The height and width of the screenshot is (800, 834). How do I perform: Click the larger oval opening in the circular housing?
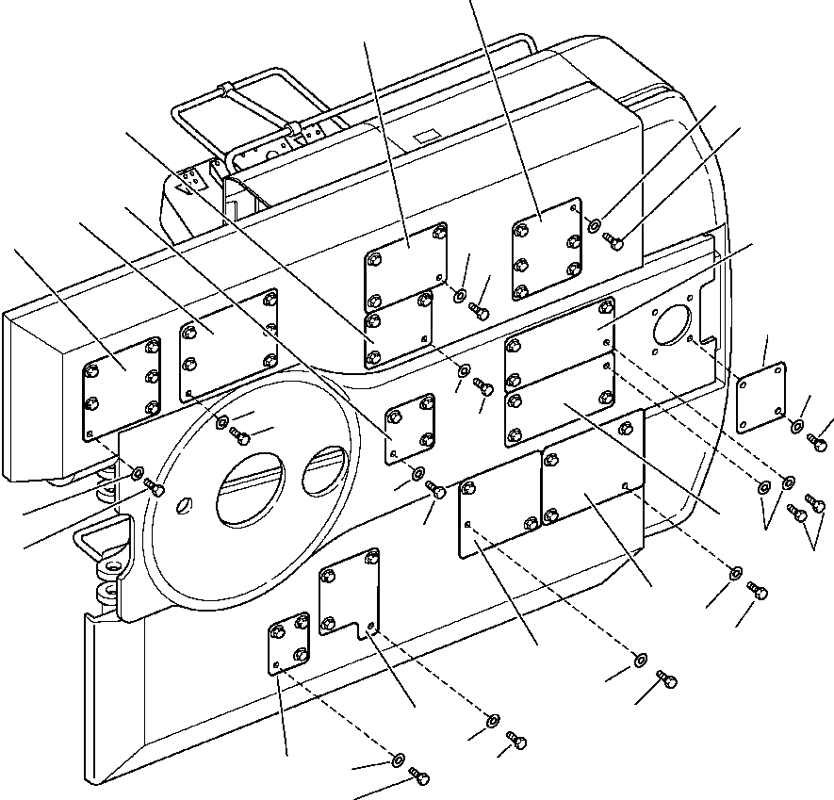(x=250, y=486)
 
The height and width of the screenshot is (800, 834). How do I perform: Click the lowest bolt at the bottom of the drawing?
(x=420, y=776)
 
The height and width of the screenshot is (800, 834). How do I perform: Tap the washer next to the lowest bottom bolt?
(x=397, y=759)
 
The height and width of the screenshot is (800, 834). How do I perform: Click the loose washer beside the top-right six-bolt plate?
(x=595, y=225)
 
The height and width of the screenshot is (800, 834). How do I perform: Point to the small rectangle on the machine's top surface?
(x=425, y=136)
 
